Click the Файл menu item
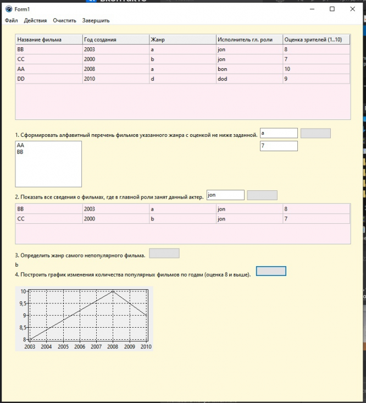12,20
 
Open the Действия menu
35,20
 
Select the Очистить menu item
64,20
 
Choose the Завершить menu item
96,20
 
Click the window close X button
352,9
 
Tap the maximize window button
332,9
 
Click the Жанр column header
182,40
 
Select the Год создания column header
115,40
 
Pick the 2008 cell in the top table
115,69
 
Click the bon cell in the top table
249,69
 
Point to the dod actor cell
249,79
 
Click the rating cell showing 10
316,69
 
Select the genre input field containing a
279,133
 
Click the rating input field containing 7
279,146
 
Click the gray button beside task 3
164,253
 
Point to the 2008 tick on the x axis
113,347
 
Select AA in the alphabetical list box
21,146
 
